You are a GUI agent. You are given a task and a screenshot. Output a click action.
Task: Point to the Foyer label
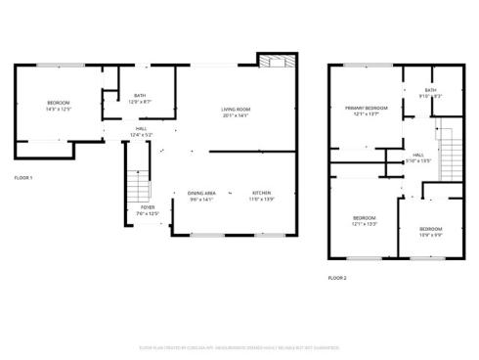(148, 207)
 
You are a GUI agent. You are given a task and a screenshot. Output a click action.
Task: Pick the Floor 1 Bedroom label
(58, 102)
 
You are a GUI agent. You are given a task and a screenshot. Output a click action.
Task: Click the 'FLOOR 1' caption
(23, 177)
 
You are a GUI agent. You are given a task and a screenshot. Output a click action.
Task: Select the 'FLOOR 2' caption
(337, 278)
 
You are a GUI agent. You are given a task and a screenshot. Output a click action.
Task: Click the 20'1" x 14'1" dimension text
(236, 115)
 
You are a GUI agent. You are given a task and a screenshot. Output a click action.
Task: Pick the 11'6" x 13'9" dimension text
(261, 200)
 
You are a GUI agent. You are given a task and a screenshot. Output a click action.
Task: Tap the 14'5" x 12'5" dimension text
(58, 109)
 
